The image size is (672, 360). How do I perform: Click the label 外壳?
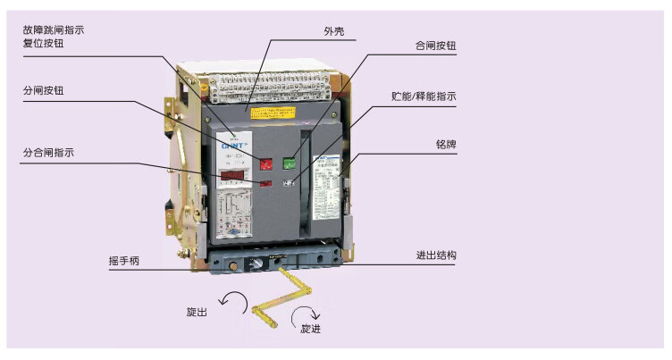click(x=334, y=31)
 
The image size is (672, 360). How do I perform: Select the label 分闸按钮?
click(x=44, y=91)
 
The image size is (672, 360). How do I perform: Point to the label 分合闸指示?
click(x=48, y=153)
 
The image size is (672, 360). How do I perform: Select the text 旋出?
click(x=197, y=312)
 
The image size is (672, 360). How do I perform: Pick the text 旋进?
click(x=310, y=329)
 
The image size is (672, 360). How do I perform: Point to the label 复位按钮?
click(x=44, y=43)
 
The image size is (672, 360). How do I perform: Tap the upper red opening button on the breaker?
click(x=265, y=163)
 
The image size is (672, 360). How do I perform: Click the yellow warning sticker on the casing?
click(x=274, y=113)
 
